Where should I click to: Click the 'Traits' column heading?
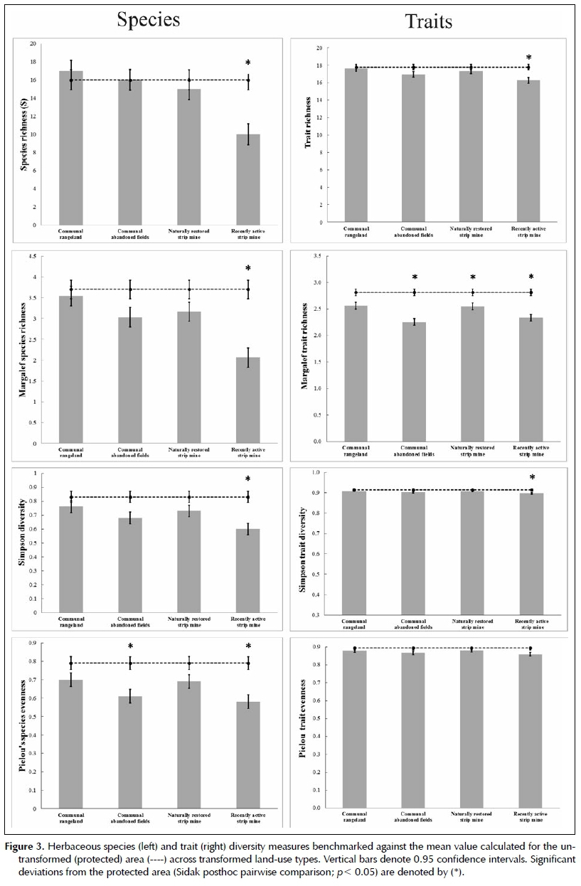point(428,21)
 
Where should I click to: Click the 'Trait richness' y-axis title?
point(308,135)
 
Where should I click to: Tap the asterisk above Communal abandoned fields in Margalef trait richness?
point(414,277)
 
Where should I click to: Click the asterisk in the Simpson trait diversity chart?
point(531,478)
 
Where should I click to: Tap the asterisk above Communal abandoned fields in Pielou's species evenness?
point(130,646)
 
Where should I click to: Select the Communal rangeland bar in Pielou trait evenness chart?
point(355,728)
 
